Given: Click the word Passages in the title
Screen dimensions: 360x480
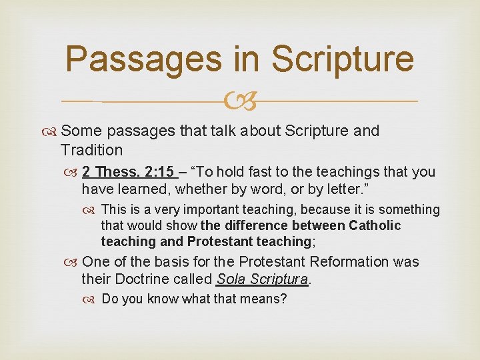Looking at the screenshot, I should point(143,60).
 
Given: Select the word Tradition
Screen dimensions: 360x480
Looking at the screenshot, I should point(91,150).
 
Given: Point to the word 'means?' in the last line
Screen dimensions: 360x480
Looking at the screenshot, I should point(264,299).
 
